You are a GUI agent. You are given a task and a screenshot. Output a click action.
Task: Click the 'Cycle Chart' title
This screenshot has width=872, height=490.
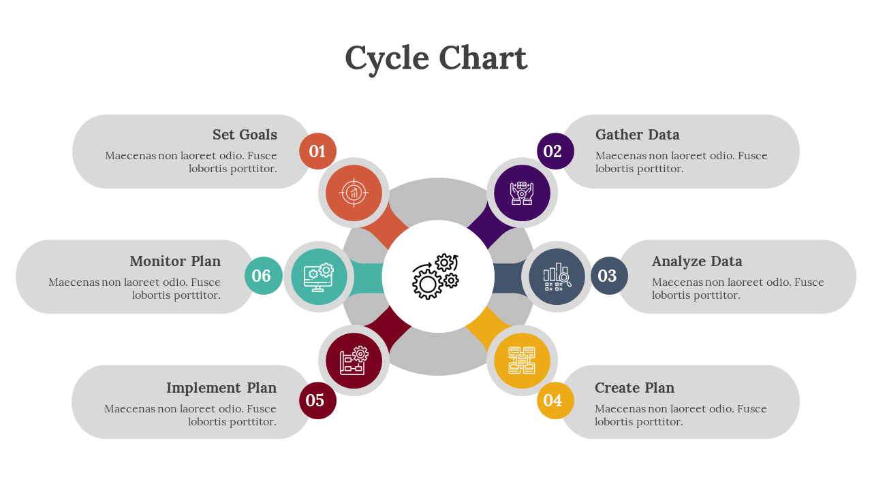(x=436, y=59)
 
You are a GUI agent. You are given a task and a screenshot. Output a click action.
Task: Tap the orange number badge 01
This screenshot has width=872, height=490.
(x=317, y=151)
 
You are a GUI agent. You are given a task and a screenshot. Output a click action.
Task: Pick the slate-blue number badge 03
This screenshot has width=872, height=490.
(x=609, y=276)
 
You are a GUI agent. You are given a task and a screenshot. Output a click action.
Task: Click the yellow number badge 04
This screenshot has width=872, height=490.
(x=555, y=400)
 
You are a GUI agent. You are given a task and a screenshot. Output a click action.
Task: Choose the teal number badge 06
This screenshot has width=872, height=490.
(x=263, y=276)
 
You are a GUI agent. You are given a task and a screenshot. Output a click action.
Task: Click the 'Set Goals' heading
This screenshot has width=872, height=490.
(x=245, y=135)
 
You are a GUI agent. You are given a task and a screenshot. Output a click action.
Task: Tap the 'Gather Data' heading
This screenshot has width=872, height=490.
(x=637, y=135)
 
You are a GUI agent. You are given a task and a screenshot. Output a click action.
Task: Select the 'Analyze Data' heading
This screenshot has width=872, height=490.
(x=697, y=261)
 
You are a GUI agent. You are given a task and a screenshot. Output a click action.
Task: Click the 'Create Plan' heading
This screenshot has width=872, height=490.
(x=634, y=388)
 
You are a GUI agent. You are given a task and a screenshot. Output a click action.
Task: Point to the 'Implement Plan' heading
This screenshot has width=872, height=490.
(x=221, y=388)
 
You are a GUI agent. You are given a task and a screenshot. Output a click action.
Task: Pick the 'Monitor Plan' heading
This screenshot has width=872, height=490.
(x=175, y=261)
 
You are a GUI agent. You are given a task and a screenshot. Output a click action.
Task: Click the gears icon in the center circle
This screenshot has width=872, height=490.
(x=437, y=276)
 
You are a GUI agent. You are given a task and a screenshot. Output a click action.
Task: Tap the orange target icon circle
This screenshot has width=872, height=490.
(x=354, y=193)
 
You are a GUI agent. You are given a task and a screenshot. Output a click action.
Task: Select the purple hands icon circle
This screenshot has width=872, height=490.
(x=522, y=193)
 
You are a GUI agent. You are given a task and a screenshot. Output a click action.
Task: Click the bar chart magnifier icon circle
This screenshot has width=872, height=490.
(x=557, y=276)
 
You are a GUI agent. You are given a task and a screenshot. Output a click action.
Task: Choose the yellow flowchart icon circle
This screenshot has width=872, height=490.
(x=522, y=360)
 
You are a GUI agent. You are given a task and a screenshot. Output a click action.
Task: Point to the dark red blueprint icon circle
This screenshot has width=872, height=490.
(x=354, y=360)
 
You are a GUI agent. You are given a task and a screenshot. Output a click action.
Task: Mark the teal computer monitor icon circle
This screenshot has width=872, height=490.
(x=319, y=276)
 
